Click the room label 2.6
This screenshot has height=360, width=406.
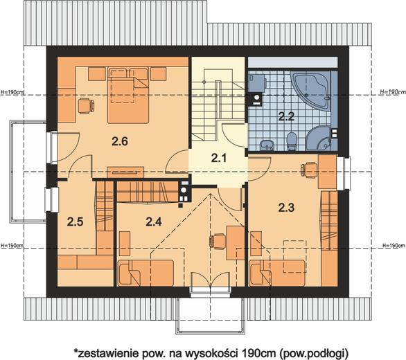click(120, 141)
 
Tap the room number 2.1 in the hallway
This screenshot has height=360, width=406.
click(219, 158)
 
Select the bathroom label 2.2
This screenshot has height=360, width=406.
click(286, 116)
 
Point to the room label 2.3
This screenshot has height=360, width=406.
click(286, 208)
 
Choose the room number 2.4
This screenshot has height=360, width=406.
click(154, 222)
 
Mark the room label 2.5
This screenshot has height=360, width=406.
click(75, 222)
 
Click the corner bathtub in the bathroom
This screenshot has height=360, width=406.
click(310, 90)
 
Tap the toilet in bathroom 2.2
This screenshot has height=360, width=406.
click(292, 141)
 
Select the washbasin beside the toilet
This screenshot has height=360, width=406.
click(266, 145)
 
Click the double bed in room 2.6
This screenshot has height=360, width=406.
click(128, 95)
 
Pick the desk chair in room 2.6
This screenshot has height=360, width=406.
click(86, 106)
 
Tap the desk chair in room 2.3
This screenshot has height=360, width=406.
click(308, 170)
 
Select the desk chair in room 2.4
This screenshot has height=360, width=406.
click(218, 242)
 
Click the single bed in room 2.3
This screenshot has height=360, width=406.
click(277, 273)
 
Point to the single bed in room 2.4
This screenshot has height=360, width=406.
click(145, 273)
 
